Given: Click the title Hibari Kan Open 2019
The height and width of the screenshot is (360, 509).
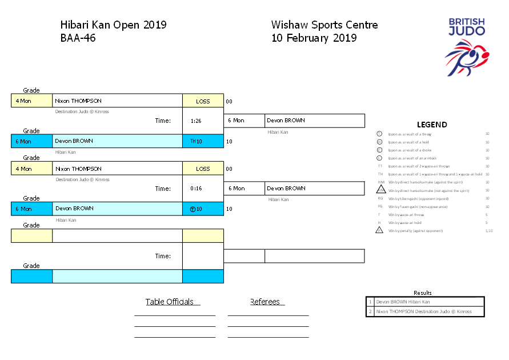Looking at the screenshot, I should (x=113, y=25).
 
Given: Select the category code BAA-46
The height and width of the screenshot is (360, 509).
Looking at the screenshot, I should (x=78, y=38).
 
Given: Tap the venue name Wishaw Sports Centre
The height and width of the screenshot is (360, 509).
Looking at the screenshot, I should (x=324, y=25).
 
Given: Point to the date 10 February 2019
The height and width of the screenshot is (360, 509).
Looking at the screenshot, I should (x=314, y=38).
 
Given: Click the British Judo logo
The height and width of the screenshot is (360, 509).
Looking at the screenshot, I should (x=467, y=46).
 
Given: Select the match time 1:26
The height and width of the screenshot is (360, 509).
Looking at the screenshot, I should (x=195, y=121).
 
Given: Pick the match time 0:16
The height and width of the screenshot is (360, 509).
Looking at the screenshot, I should (x=195, y=189).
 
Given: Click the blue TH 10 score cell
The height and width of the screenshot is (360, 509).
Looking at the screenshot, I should (x=203, y=141).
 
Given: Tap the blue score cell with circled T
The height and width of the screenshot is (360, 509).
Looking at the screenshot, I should (x=203, y=209).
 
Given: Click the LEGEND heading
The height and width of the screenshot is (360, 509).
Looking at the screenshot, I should (x=432, y=125).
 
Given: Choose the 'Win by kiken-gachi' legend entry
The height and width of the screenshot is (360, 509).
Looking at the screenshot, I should (x=416, y=198).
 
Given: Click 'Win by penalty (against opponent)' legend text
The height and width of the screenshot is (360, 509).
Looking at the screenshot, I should (x=415, y=231).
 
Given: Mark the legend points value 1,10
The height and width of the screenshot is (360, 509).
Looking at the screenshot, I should (x=488, y=231).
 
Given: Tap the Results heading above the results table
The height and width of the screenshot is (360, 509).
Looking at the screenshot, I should (x=423, y=293).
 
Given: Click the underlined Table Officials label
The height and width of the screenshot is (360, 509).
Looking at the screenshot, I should (x=170, y=302).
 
